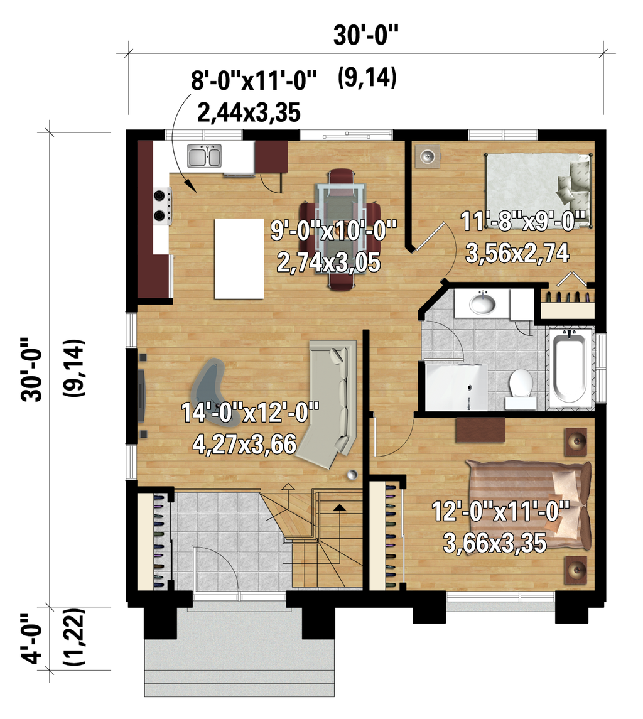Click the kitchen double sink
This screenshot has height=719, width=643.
(x=205, y=156)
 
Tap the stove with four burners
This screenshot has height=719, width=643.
(x=162, y=205)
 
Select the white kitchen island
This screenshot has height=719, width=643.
(x=239, y=258)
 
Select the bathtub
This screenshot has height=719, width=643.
(x=570, y=367)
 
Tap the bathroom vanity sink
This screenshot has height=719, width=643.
(x=483, y=303)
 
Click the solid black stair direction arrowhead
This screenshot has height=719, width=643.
(x=340, y=508)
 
